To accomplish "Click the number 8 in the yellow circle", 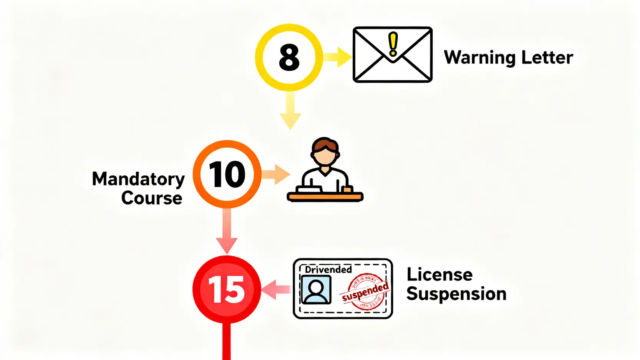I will point(289,58).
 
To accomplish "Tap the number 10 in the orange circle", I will point(227,174).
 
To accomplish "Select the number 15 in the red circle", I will point(227,290).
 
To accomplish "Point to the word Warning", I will point(479,58).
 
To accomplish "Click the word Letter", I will point(547,58).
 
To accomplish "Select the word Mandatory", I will point(138,179).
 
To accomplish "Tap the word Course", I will point(152,198).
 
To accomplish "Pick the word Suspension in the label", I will point(456,294).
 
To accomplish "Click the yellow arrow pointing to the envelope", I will point(337,57).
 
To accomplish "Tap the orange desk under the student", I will point(325,197).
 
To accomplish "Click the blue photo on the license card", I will point(316,290).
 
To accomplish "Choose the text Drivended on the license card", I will point(328,269).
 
